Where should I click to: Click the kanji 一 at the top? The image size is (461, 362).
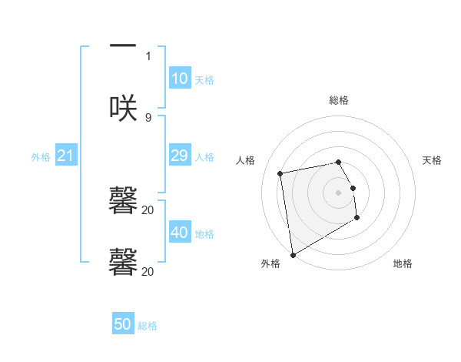pos(123,46)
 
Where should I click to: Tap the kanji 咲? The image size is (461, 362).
pos(123,108)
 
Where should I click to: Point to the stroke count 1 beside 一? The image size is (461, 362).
pos(148,55)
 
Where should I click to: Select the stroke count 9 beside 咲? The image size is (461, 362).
pos(148,117)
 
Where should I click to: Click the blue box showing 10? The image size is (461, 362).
pos(180,79)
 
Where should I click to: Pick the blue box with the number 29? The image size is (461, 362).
pos(180,156)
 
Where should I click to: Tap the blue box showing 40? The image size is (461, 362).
pos(180,233)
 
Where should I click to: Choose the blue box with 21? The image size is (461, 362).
pos(66,156)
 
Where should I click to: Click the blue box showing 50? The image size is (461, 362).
pos(123,325)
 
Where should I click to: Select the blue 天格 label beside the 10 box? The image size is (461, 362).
pos(204,80)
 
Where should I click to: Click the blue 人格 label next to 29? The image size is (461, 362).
pos(204,157)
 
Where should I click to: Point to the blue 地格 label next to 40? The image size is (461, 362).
pos(204,234)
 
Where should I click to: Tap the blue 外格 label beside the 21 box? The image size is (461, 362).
pos(41,157)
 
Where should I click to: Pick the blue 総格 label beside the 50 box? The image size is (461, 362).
pos(148,327)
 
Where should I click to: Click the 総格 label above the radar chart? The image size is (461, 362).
pos(339,100)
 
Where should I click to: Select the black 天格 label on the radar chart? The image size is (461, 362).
pos(433,160)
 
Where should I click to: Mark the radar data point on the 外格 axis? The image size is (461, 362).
pos(292,254)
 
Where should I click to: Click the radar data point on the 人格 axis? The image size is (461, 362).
pos(280,173)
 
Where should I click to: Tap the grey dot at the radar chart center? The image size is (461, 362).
pos(339,192)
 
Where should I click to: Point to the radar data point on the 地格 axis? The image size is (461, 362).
pos(357,218)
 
